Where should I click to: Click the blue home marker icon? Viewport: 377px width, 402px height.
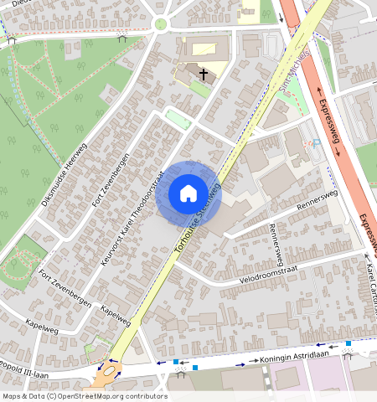click(x=188, y=193)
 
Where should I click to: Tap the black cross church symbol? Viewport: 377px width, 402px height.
click(x=203, y=75)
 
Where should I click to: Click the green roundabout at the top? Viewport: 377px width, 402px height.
click(x=160, y=23)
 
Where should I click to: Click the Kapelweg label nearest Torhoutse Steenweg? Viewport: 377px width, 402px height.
click(x=116, y=315)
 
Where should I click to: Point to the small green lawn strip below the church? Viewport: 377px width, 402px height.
click(x=178, y=119)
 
